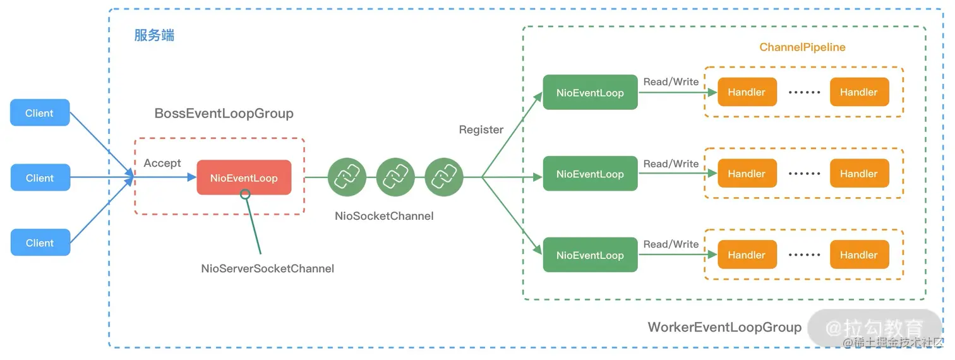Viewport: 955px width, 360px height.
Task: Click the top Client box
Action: pos(40,113)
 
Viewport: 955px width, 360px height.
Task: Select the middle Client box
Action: pos(40,178)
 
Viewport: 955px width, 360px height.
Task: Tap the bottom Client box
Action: pos(40,243)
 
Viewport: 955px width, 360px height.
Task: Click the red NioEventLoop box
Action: pos(244,177)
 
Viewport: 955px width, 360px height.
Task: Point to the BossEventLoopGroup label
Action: pos(224,114)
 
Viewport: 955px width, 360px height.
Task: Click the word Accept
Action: pos(162,163)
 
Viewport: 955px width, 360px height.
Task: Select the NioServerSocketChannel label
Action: pos(267,268)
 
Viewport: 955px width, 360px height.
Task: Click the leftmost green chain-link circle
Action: pos(347,177)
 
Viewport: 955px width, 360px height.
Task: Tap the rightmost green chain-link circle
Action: pos(444,177)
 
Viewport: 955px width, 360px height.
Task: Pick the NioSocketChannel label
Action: pos(384,216)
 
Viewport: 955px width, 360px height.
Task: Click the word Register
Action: pos(481,129)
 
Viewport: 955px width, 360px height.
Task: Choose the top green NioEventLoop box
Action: pos(590,93)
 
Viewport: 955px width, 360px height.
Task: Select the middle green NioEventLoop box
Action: pos(590,174)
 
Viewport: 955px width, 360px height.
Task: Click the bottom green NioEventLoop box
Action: pos(590,255)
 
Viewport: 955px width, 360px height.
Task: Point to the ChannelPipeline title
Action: pos(802,47)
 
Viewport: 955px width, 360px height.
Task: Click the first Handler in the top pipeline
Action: pos(747,92)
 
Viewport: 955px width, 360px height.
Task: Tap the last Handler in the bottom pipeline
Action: pos(859,255)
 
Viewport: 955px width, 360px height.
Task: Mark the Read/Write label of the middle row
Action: pos(671,164)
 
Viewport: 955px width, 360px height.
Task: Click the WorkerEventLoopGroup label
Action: pos(724,327)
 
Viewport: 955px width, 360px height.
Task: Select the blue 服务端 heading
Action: pos(154,35)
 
